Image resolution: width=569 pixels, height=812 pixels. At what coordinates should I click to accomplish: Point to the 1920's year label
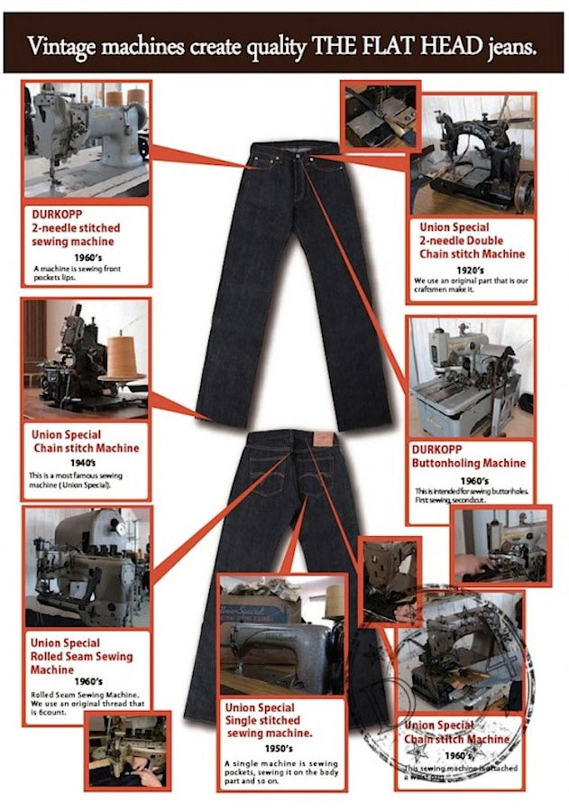click(x=472, y=269)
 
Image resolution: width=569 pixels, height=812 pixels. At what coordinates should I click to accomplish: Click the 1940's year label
click(x=85, y=461)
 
